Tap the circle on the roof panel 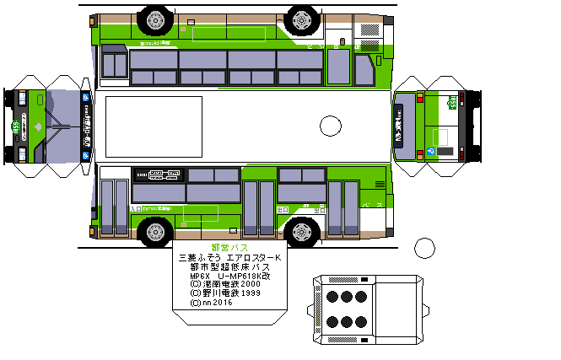click(x=331, y=126)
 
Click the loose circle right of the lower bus click(x=424, y=248)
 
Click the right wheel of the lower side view click(x=301, y=231)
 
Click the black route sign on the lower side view click(x=159, y=175)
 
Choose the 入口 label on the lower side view click(x=135, y=207)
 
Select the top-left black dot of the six click(x=330, y=296)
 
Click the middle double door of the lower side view click(x=259, y=208)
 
